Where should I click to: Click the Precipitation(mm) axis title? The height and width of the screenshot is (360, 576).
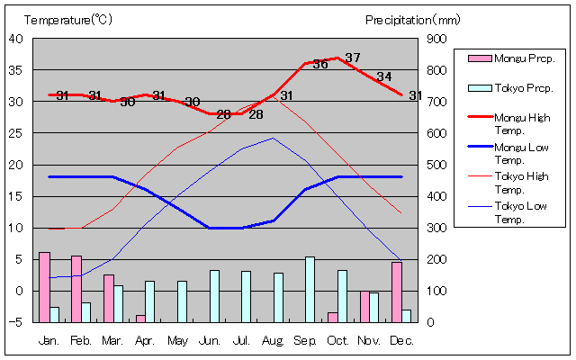(x=413, y=20)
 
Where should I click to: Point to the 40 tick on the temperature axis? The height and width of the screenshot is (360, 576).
(x=17, y=39)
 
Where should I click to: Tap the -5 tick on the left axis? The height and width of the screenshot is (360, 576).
(x=17, y=322)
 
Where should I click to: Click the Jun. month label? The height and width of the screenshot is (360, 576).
(x=210, y=340)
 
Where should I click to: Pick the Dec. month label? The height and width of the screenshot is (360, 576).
(x=402, y=340)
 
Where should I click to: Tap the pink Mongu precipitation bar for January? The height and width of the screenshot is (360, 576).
(x=44, y=287)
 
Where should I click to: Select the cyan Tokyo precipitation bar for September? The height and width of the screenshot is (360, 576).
(x=310, y=289)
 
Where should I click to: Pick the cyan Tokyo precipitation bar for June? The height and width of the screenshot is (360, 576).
(x=214, y=296)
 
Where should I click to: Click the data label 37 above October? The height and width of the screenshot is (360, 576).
(x=353, y=58)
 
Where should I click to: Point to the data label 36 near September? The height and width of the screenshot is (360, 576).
(x=320, y=64)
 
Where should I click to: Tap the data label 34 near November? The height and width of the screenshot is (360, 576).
(x=384, y=76)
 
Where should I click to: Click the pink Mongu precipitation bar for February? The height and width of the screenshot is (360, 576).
(x=76, y=289)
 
